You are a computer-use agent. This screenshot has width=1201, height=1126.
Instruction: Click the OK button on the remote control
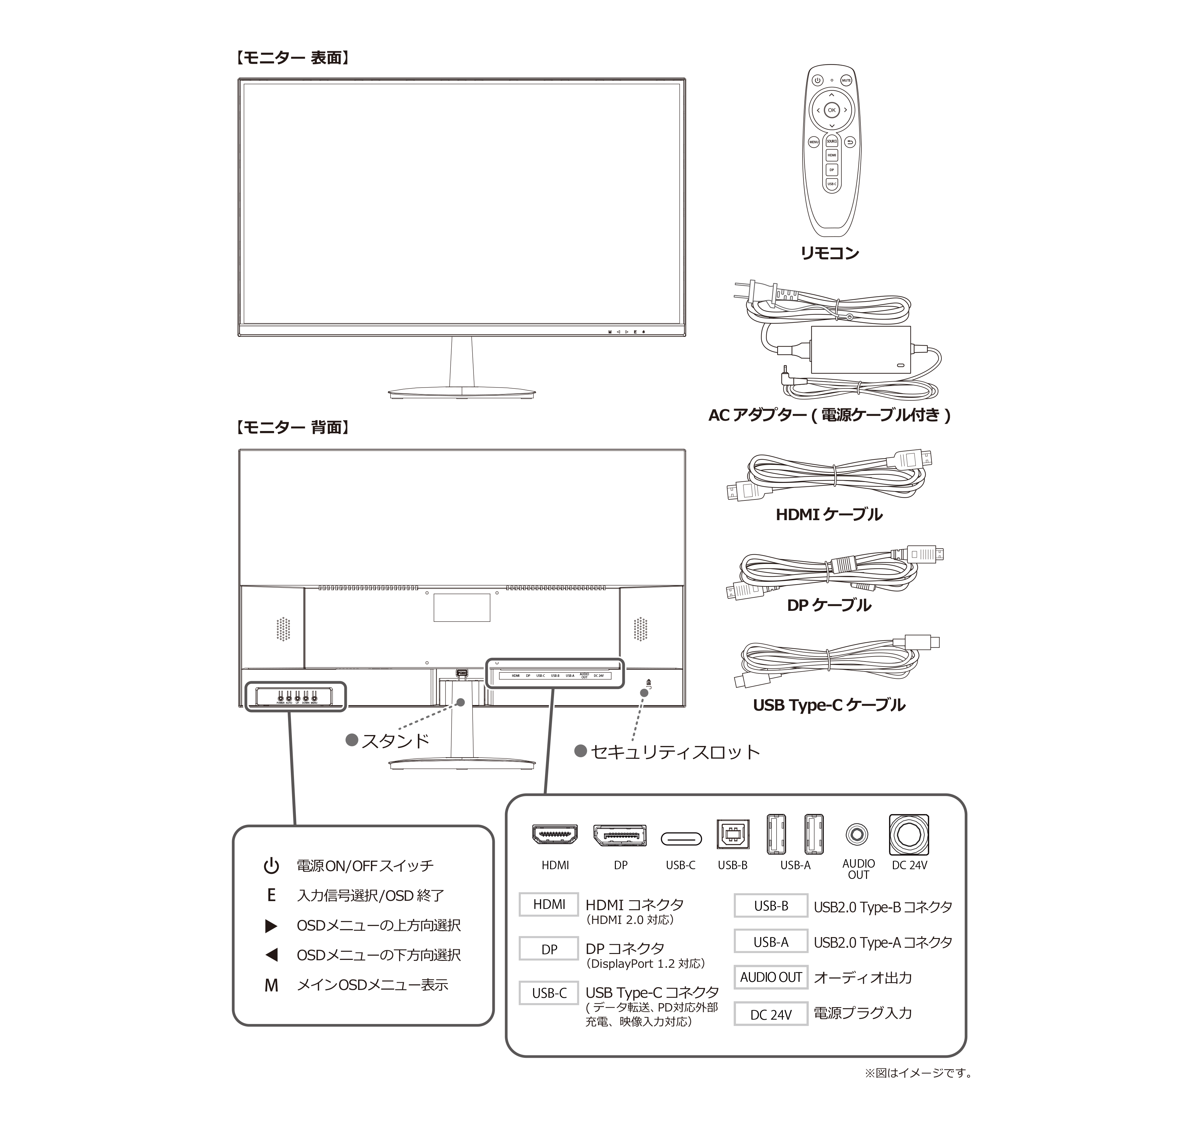tap(832, 110)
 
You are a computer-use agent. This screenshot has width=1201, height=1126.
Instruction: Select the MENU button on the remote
tap(814, 142)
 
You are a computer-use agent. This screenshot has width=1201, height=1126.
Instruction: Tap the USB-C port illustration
tap(681, 839)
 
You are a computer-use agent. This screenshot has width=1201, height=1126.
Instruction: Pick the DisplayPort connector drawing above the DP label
tap(620, 835)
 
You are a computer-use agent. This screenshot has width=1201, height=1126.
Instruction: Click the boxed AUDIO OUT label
tap(771, 977)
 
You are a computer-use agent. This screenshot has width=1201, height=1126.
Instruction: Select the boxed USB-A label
tap(771, 942)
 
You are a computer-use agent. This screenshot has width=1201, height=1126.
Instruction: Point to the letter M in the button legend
tap(271, 985)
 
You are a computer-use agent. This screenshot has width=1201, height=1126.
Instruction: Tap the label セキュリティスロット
tap(675, 752)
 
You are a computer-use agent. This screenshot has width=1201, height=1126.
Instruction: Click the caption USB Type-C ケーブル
tap(829, 705)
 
